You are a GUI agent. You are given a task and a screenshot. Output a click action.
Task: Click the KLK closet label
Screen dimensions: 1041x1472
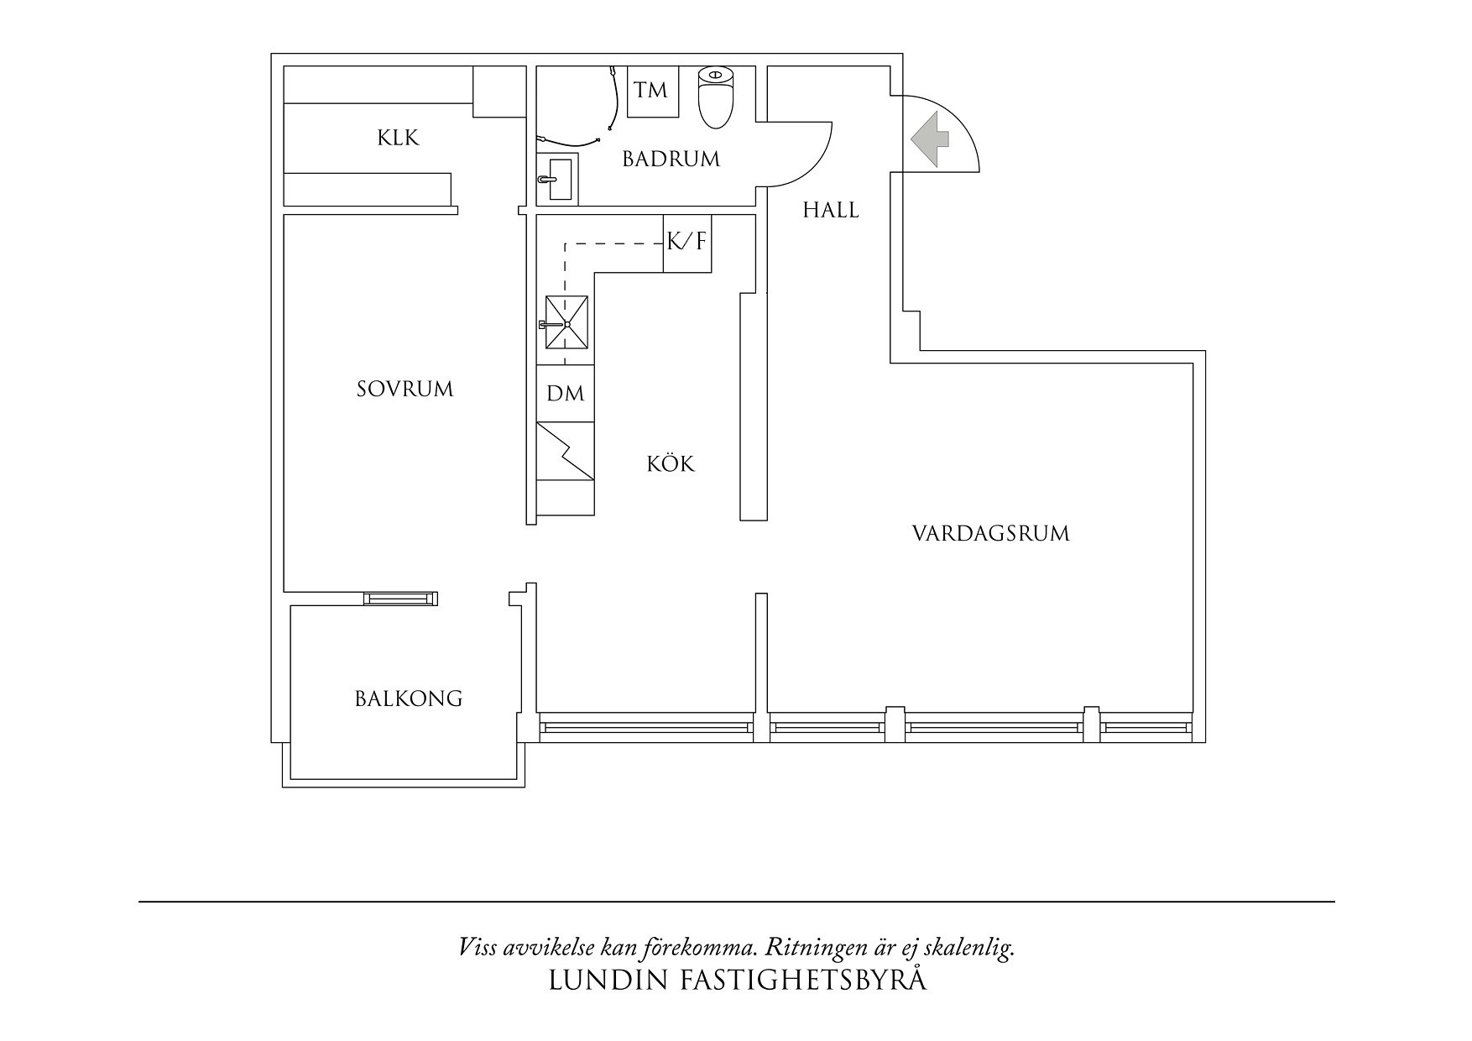point(398,138)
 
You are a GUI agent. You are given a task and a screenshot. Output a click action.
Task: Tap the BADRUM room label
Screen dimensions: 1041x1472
point(671,159)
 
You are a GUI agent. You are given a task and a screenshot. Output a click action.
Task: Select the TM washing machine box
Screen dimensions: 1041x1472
point(650,91)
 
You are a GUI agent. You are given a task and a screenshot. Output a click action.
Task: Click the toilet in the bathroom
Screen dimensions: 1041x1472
point(716,97)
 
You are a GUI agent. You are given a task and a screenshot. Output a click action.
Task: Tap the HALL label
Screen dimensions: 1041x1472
point(831,210)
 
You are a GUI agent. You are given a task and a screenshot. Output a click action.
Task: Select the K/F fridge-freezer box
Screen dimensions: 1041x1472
point(686,243)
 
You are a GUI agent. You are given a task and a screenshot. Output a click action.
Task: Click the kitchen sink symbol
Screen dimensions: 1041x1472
point(567,322)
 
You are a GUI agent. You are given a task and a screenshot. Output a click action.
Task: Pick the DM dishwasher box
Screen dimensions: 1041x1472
point(565,393)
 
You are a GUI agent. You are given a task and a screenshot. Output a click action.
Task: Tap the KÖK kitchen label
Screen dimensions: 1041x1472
point(671,464)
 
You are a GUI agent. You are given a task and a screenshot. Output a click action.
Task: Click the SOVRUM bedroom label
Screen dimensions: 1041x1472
point(405,390)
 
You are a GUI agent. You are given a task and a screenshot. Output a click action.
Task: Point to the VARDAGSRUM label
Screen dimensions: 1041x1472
point(990,534)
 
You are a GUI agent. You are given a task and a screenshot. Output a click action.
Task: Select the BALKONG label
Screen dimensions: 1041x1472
point(409,698)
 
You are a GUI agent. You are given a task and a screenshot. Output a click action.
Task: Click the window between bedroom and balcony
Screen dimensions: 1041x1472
point(401,599)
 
